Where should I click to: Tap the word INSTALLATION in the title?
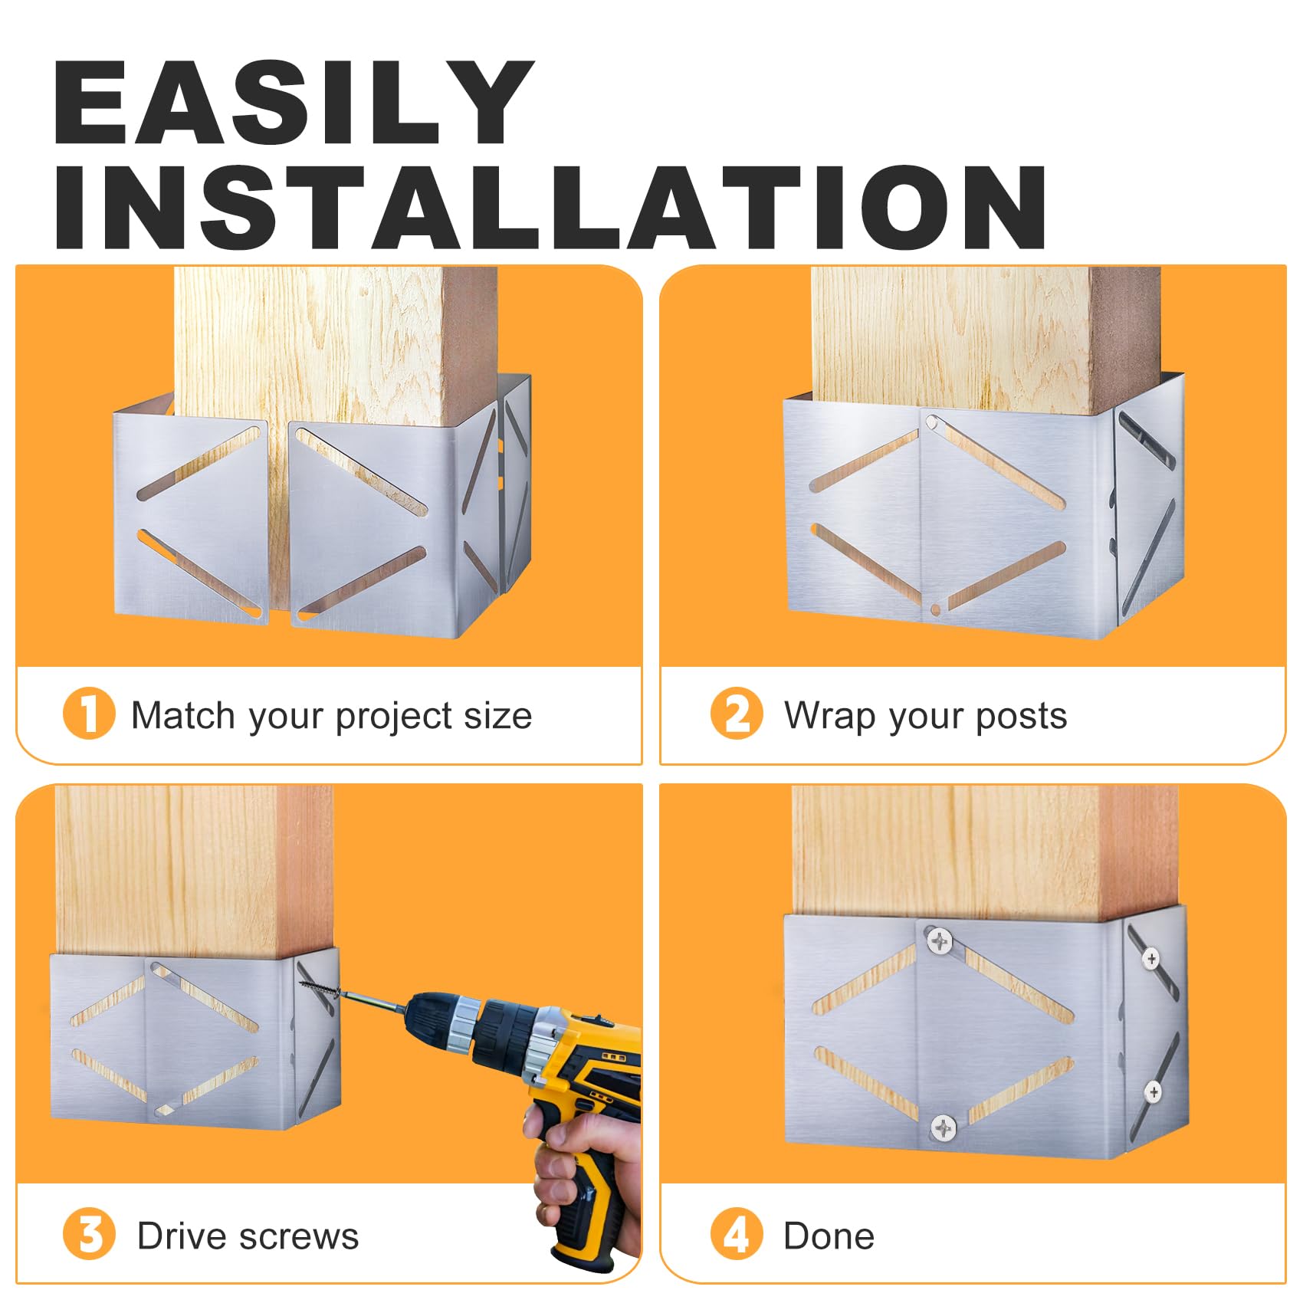(x=550, y=207)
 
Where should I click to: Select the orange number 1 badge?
(x=89, y=713)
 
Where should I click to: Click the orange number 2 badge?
(x=737, y=713)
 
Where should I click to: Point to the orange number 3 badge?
(x=89, y=1233)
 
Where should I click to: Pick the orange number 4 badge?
(x=737, y=1233)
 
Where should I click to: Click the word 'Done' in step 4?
(x=829, y=1236)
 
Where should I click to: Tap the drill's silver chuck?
(x=464, y=1026)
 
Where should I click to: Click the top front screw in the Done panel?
(x=940, y=940)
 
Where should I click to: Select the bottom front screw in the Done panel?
(x=943, y=1127)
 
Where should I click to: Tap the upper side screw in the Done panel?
(x=1150, y=958)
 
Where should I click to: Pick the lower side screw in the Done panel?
(x=1153, y=1091)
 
